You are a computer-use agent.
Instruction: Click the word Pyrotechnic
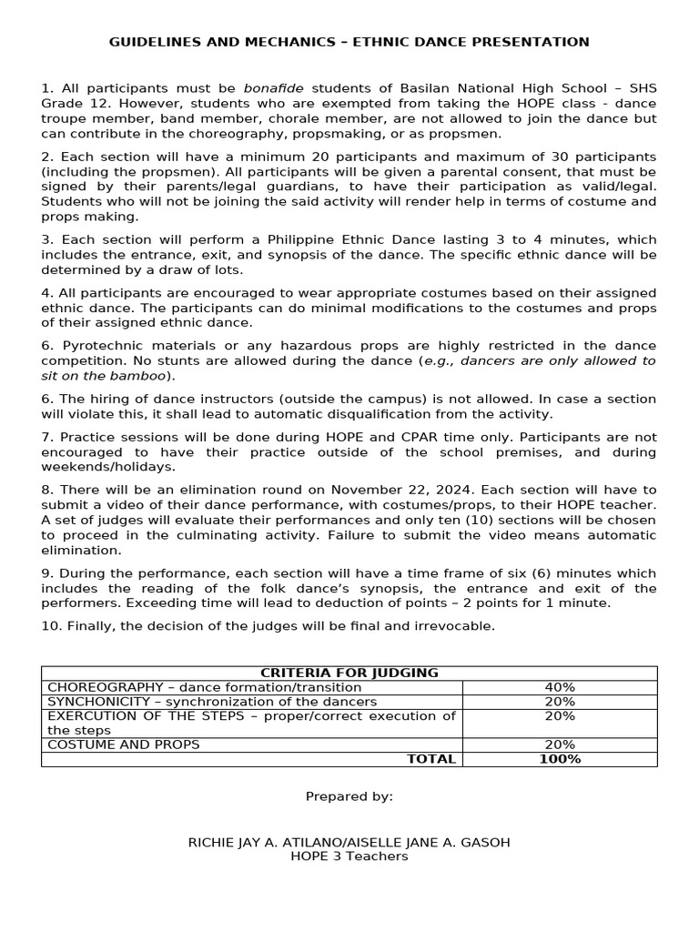tap(104, 346)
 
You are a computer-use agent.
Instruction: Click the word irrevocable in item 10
tap(451, 626)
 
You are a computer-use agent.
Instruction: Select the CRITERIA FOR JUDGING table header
tap(349, 673)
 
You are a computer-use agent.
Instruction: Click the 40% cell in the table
tap(560, 687)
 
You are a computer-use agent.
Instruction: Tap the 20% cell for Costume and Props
tap(560, 745)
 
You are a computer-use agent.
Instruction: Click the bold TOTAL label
tap(431, 759)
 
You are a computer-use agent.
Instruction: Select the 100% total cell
tap(560, 759)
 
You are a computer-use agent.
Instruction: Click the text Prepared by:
tap(349, 796)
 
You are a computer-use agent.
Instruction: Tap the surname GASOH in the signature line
tap(485, 843)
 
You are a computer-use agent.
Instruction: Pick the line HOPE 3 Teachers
tap(349, 856)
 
